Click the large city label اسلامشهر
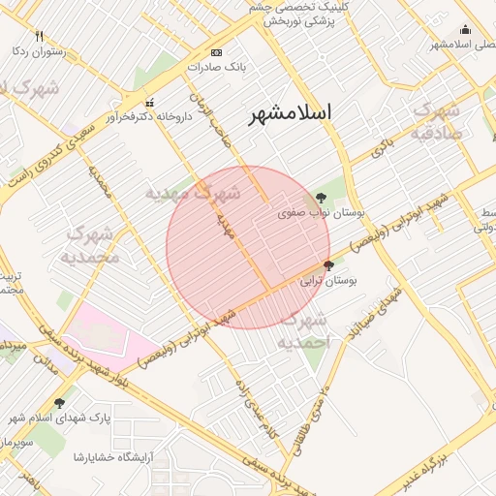(290, 113)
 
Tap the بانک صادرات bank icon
(215, 52)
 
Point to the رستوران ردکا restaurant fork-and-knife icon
(39, 36)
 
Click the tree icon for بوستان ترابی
(328, 264)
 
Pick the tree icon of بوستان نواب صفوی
(321, 198)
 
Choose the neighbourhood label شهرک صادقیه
(442, 122)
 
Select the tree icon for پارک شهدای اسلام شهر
(60, 403)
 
